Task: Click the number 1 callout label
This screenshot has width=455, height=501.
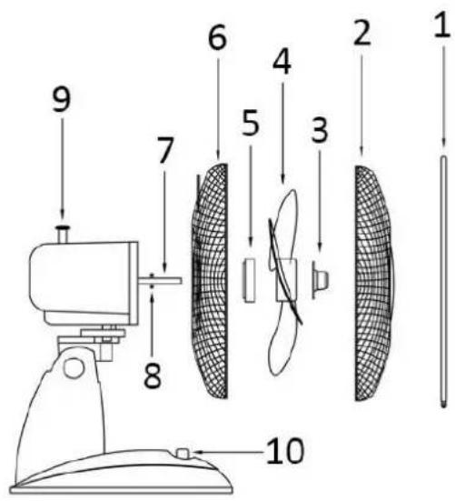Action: tap(443, 25)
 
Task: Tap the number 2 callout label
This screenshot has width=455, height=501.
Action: tap(362, 32)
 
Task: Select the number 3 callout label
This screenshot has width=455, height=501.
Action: tap(320, 130)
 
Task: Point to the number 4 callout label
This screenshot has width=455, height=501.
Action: tap(282, 62)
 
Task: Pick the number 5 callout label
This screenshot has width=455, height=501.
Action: tap(251, 123)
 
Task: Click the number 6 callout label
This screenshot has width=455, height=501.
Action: tap(218, 37)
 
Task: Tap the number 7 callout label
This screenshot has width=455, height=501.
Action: tap(164, 150)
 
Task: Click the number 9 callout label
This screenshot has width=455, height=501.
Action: tap(62, 99)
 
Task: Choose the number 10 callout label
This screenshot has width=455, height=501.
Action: tap(284, 451)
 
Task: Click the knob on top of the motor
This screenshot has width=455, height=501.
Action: tap(63, 234)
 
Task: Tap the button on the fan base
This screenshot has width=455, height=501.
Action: tap(183, 453)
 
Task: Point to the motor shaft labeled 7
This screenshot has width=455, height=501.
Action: tap(161, 280)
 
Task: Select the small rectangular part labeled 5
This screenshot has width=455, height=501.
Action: tap(249, 280)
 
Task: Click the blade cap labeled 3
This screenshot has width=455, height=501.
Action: tap(320, 279)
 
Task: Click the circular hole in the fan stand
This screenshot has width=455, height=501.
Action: tap(74, 367)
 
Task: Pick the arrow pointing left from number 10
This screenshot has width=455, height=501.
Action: tap(227, 452)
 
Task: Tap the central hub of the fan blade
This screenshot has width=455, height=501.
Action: tap(286, 280)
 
